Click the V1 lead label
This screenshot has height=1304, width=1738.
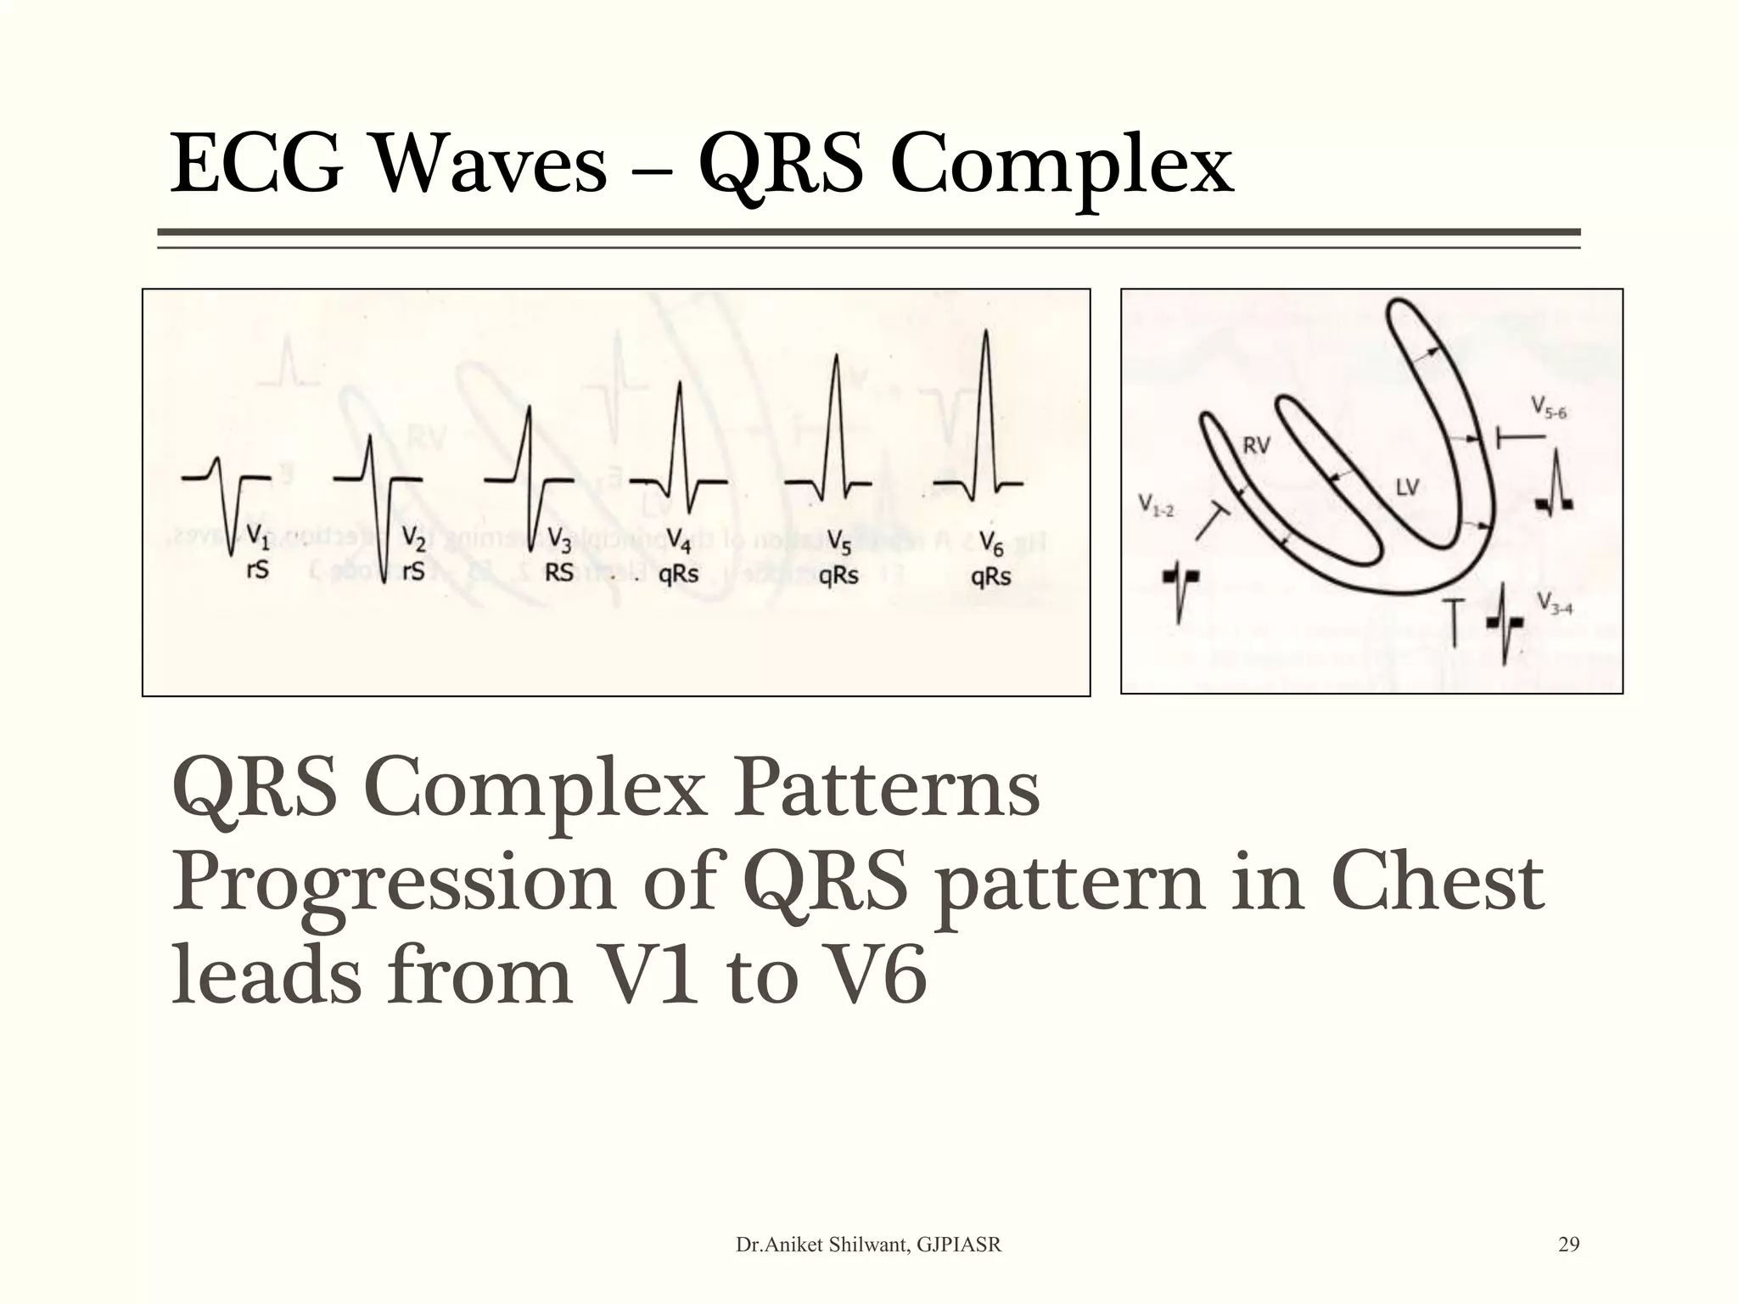[257, 537]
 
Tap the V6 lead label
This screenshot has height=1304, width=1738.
[991, 543]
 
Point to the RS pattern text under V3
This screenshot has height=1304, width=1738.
[559, 573]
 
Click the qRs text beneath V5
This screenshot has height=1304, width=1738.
[838, 576]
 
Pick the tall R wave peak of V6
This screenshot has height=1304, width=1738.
[985, 333]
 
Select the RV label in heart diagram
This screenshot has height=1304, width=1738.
[1256, 445]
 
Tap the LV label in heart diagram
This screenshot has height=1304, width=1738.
[1407, 487]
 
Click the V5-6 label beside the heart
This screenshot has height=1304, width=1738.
[1549, 408]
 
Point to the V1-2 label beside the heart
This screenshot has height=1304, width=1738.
[1156, 506]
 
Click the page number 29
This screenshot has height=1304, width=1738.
[1569, 1245]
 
